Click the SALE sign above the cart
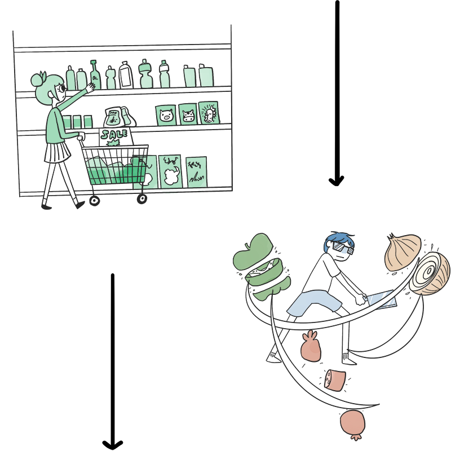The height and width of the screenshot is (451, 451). [114, 135]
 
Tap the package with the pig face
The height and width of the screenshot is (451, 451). [166, 116]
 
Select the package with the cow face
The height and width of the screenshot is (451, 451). [188, 115]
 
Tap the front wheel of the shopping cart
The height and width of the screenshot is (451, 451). [142, 198]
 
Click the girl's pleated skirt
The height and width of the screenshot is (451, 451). [56, 152]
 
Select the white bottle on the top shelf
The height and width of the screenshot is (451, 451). [126, 75]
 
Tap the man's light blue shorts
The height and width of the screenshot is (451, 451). [313, 304]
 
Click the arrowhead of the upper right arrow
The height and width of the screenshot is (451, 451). [337, 180]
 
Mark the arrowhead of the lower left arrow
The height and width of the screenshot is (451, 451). [112, 444]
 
